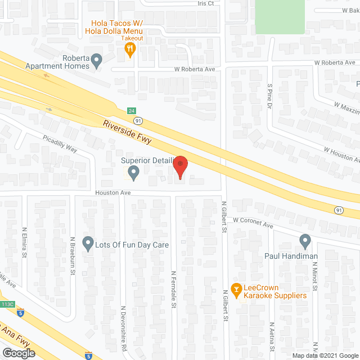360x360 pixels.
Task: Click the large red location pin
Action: point(180,167)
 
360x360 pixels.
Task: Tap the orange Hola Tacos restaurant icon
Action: point(130,50)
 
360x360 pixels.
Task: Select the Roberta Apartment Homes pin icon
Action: point(97,59)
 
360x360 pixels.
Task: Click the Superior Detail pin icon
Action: point(133,173)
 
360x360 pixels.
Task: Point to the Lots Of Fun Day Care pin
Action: point(88,244)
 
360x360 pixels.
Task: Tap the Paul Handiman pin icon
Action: point(305,241)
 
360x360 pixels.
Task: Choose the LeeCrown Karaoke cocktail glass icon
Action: point(236,290)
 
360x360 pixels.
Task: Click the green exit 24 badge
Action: point(131,111)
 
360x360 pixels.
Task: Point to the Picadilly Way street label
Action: point(58,145)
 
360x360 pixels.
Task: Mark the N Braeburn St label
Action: point(73,256)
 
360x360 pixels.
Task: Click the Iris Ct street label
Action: point(205,3)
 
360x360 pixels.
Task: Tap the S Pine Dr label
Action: point(270,96)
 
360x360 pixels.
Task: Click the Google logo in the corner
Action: point(19,353)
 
